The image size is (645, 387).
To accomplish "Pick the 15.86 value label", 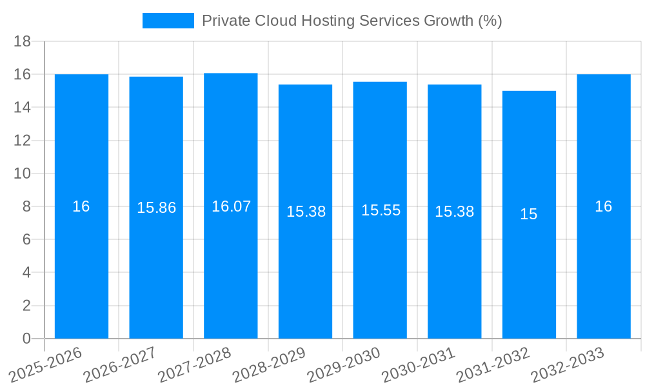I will [x=156, y=208].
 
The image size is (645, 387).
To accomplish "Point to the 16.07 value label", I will [x=231, y=206].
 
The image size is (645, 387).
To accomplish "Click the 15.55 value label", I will [x=381, y=210].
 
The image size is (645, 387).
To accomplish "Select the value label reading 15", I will [x=529, y=214].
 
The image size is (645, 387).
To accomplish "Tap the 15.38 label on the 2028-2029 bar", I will [x=306, y=212].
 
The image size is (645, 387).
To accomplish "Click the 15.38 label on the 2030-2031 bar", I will [x=455, y=212].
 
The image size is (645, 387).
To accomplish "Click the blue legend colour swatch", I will [x=168, y=21].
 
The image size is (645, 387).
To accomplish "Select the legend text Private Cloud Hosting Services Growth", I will [x=352, y=21].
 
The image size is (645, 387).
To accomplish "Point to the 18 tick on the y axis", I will [x=23, y=41].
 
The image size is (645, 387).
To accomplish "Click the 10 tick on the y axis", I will [x=23, y=174].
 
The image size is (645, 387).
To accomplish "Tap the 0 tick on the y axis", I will [x=26, y=339].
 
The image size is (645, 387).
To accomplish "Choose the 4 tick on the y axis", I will [x=26, y=272].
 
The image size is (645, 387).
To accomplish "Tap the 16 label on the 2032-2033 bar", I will [x=604, y=206].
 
